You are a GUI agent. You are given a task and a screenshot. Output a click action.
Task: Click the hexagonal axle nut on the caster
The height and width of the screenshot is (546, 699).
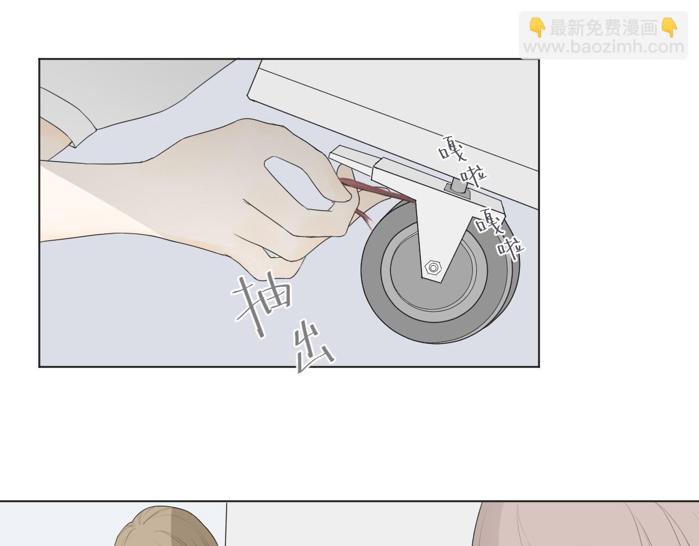433,267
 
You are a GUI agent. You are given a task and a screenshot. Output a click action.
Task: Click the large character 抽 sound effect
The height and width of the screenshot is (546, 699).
262,305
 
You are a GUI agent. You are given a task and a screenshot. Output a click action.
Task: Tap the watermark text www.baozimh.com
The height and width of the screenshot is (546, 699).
603,48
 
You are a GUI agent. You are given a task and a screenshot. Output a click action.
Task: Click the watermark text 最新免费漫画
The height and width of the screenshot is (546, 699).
603,28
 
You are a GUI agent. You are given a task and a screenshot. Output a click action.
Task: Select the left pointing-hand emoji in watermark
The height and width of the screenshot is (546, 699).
537,28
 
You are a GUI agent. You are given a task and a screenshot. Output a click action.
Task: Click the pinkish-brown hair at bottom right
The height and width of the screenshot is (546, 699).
585,527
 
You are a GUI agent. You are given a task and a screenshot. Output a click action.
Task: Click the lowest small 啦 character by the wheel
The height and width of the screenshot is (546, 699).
510,249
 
